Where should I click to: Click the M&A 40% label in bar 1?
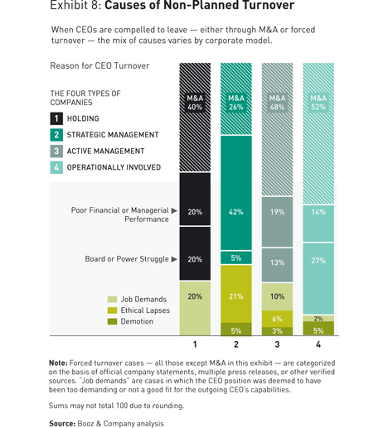[x=195, y=103]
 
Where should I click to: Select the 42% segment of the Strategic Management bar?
[x=236, y=193]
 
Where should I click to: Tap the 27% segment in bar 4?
[x=318, y=279]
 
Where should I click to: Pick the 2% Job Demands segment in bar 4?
[x=318, y=319]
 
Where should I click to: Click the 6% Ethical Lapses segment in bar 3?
[x=277, y=319]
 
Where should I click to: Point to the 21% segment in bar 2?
[x=236, y=294]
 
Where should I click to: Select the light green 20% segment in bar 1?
[x=195, y=308]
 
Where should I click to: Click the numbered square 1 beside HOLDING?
[x=56, y=118]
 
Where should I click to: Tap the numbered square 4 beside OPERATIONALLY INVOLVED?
[x=56, y=167]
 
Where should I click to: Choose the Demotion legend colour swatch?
[x=112, y=321]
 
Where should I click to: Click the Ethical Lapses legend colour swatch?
[x=112, y=310]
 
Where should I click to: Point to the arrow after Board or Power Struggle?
[x=174, y=259]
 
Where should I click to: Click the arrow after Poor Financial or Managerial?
[x=174, y=210]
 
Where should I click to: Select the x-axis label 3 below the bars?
[x=277, y=344]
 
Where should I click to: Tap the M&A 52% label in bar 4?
[x=318, y=103]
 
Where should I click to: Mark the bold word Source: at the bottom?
[x=62, y=424]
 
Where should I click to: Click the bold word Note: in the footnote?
[x=58, y=363]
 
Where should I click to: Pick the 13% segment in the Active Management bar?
[x=277, y=265]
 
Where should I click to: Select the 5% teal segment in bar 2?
[x=236, y=257]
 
